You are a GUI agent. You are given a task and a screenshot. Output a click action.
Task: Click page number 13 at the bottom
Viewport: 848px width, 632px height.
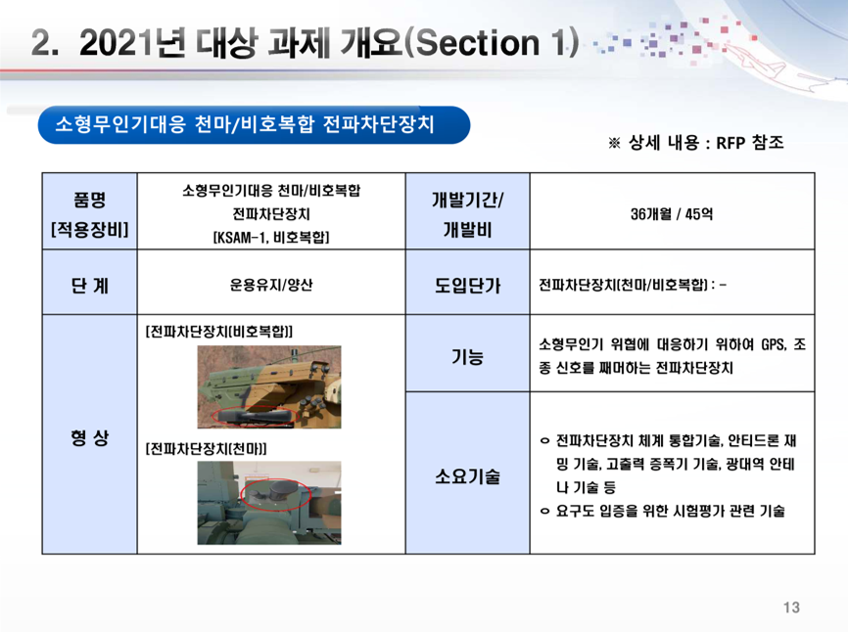click(793, 609)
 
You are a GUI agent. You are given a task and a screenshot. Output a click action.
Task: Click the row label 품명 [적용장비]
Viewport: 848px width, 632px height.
click(89, 213)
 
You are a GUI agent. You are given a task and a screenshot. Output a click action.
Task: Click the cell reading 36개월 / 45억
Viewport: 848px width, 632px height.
click(671, 213)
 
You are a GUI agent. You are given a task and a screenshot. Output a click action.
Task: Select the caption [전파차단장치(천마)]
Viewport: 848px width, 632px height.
click(206, 447)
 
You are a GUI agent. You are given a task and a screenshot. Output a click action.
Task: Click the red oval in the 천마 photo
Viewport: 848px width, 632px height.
click(275, 495)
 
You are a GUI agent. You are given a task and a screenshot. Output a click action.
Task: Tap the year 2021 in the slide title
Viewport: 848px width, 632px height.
click(111, 44)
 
